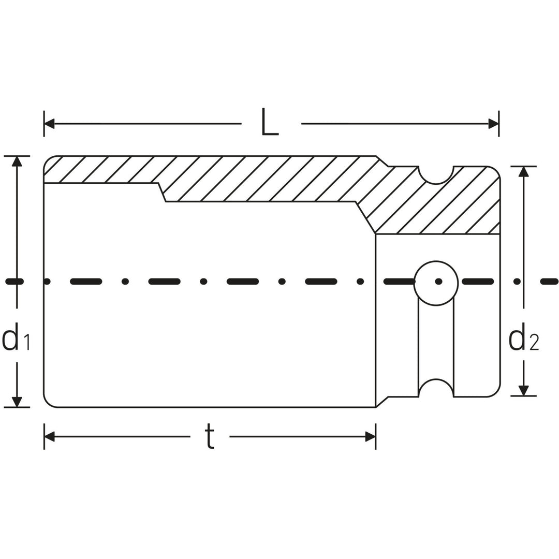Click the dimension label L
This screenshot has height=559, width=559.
[x=270, y=123]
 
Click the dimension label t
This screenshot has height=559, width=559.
[x=209, y=436]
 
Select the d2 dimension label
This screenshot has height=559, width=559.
[x=524, y=337]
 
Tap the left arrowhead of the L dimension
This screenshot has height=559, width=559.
[x=50, y=124]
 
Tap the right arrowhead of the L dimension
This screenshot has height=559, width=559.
[x=493, y=124]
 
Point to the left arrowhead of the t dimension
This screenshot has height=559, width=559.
[x=50, y=436]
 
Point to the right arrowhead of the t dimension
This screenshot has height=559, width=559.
[x=370, y=436]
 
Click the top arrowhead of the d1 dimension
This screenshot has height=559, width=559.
[x=17, y=161]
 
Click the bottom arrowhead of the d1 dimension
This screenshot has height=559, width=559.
[x=17, y=402]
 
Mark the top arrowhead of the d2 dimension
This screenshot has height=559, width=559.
[x=524, y=172]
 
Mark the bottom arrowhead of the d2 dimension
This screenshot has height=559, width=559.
[x=524, y=391]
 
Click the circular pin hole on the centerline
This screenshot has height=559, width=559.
[x=436, y=283]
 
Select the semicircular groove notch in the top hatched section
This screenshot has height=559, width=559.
[x=436, y=174]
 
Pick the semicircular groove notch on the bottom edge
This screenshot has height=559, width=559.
[x=436, y=389]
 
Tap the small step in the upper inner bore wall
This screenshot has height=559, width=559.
[x=161, y=192]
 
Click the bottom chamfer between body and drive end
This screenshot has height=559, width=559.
[x=382, y=402]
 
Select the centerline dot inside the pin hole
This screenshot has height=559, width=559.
[x=438, y=282]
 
